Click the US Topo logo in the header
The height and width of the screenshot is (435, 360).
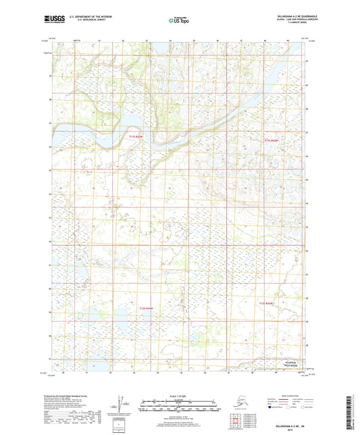[x=178, y=21]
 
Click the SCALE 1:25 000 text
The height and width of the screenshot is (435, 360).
[x=179, y=396]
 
